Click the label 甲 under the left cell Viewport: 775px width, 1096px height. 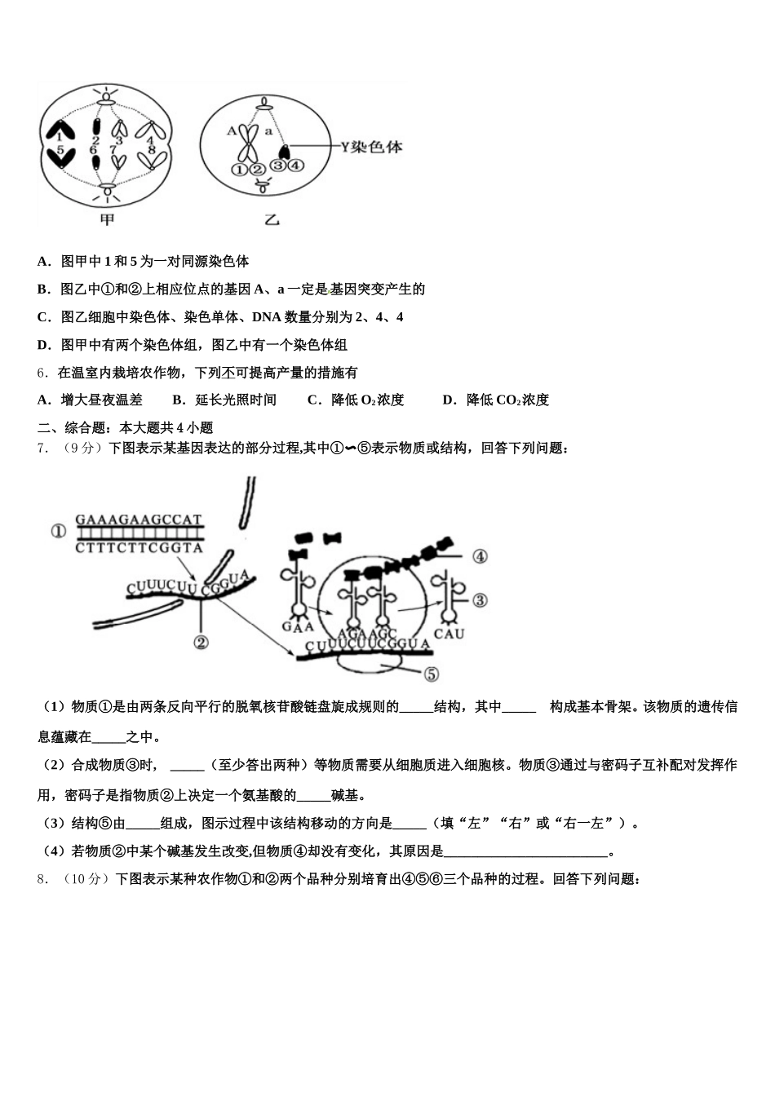107,219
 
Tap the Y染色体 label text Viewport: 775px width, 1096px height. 371,148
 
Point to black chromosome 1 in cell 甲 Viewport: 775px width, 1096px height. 60,129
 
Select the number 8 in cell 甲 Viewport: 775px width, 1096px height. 152,151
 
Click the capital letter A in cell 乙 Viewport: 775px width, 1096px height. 232,130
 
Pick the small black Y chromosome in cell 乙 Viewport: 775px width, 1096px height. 285,152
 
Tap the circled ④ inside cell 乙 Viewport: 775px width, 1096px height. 295,166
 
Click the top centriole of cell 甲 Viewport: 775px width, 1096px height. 107,99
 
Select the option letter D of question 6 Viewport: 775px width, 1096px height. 447,400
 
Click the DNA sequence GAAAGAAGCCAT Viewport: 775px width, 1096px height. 139,519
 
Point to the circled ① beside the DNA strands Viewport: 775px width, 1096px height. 58,532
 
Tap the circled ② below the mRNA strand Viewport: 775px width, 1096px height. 201,643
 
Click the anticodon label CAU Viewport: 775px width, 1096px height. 449,634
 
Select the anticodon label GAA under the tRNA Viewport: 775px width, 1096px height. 297,626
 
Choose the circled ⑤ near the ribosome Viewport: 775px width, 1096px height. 431,674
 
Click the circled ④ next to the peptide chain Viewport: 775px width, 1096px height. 480,556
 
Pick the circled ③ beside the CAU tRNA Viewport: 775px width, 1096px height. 480,600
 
